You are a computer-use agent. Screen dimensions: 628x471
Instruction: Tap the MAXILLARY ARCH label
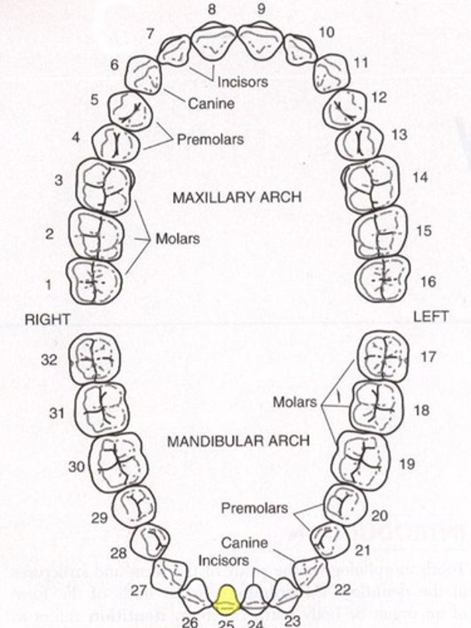coord(237,197)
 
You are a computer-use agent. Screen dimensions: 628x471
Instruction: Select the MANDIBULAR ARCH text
coord(238,441)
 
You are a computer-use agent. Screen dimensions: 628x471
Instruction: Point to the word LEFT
coord(431,316)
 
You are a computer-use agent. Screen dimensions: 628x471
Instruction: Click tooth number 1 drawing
coord(94,281)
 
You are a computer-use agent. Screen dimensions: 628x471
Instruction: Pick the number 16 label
coord(428,282)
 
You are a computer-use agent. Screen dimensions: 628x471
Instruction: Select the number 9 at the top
coord(261,9)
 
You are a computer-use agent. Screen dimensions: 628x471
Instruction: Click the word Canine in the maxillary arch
coord(211,104)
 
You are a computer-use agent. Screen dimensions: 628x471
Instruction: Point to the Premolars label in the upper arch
coord(210,140)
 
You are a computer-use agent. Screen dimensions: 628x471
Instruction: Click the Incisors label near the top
coord(242,82)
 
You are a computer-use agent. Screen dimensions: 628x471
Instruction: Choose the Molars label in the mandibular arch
coord(295,402)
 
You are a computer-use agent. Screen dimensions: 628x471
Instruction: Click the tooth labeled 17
coord(383,356)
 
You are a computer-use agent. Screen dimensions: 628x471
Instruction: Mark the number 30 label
coord(77,466)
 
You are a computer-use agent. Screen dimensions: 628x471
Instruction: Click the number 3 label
coord(59,181)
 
